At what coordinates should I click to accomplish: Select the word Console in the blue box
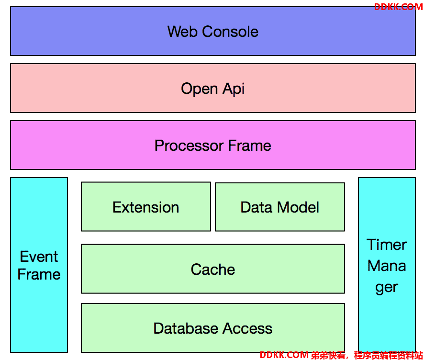pyautogui.click(x=230, y=32)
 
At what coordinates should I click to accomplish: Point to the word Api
pyautogui.click(x=234, y=89)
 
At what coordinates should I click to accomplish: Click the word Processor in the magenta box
pyautogui.click(x=189, y=146)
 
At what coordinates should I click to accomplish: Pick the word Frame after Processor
pyautogui.click(x=250, y=146)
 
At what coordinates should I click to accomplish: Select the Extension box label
pyautogui.click(x=146, y=207)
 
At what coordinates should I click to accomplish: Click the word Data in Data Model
pyautogui.click(x=257, y=207)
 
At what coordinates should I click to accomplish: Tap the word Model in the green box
pyautogui.click(x=298, y=207)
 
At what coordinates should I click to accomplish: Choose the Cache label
pyautogui.click(x=213, y=270)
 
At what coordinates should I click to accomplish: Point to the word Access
pyautogui.click(x=247, y=328)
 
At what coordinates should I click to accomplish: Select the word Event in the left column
pyautogui.click(x=39, y=257)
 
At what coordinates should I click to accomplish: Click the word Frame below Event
pyautogui.click(x=39, y=274)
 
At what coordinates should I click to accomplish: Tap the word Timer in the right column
pyautogui.click(x=387, y=245)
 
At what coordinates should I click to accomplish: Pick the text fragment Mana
pyautogui.click(x=387, y=266)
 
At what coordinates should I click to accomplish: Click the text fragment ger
pyautogui.click(x=387, y=288)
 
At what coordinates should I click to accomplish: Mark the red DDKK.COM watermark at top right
pyautogui.click(x=399, y=7)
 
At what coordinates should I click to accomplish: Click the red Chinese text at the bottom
pyautogui.click(x=367, y=355)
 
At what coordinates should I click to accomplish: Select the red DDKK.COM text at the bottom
pyautogui.click(x=284, y=355)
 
